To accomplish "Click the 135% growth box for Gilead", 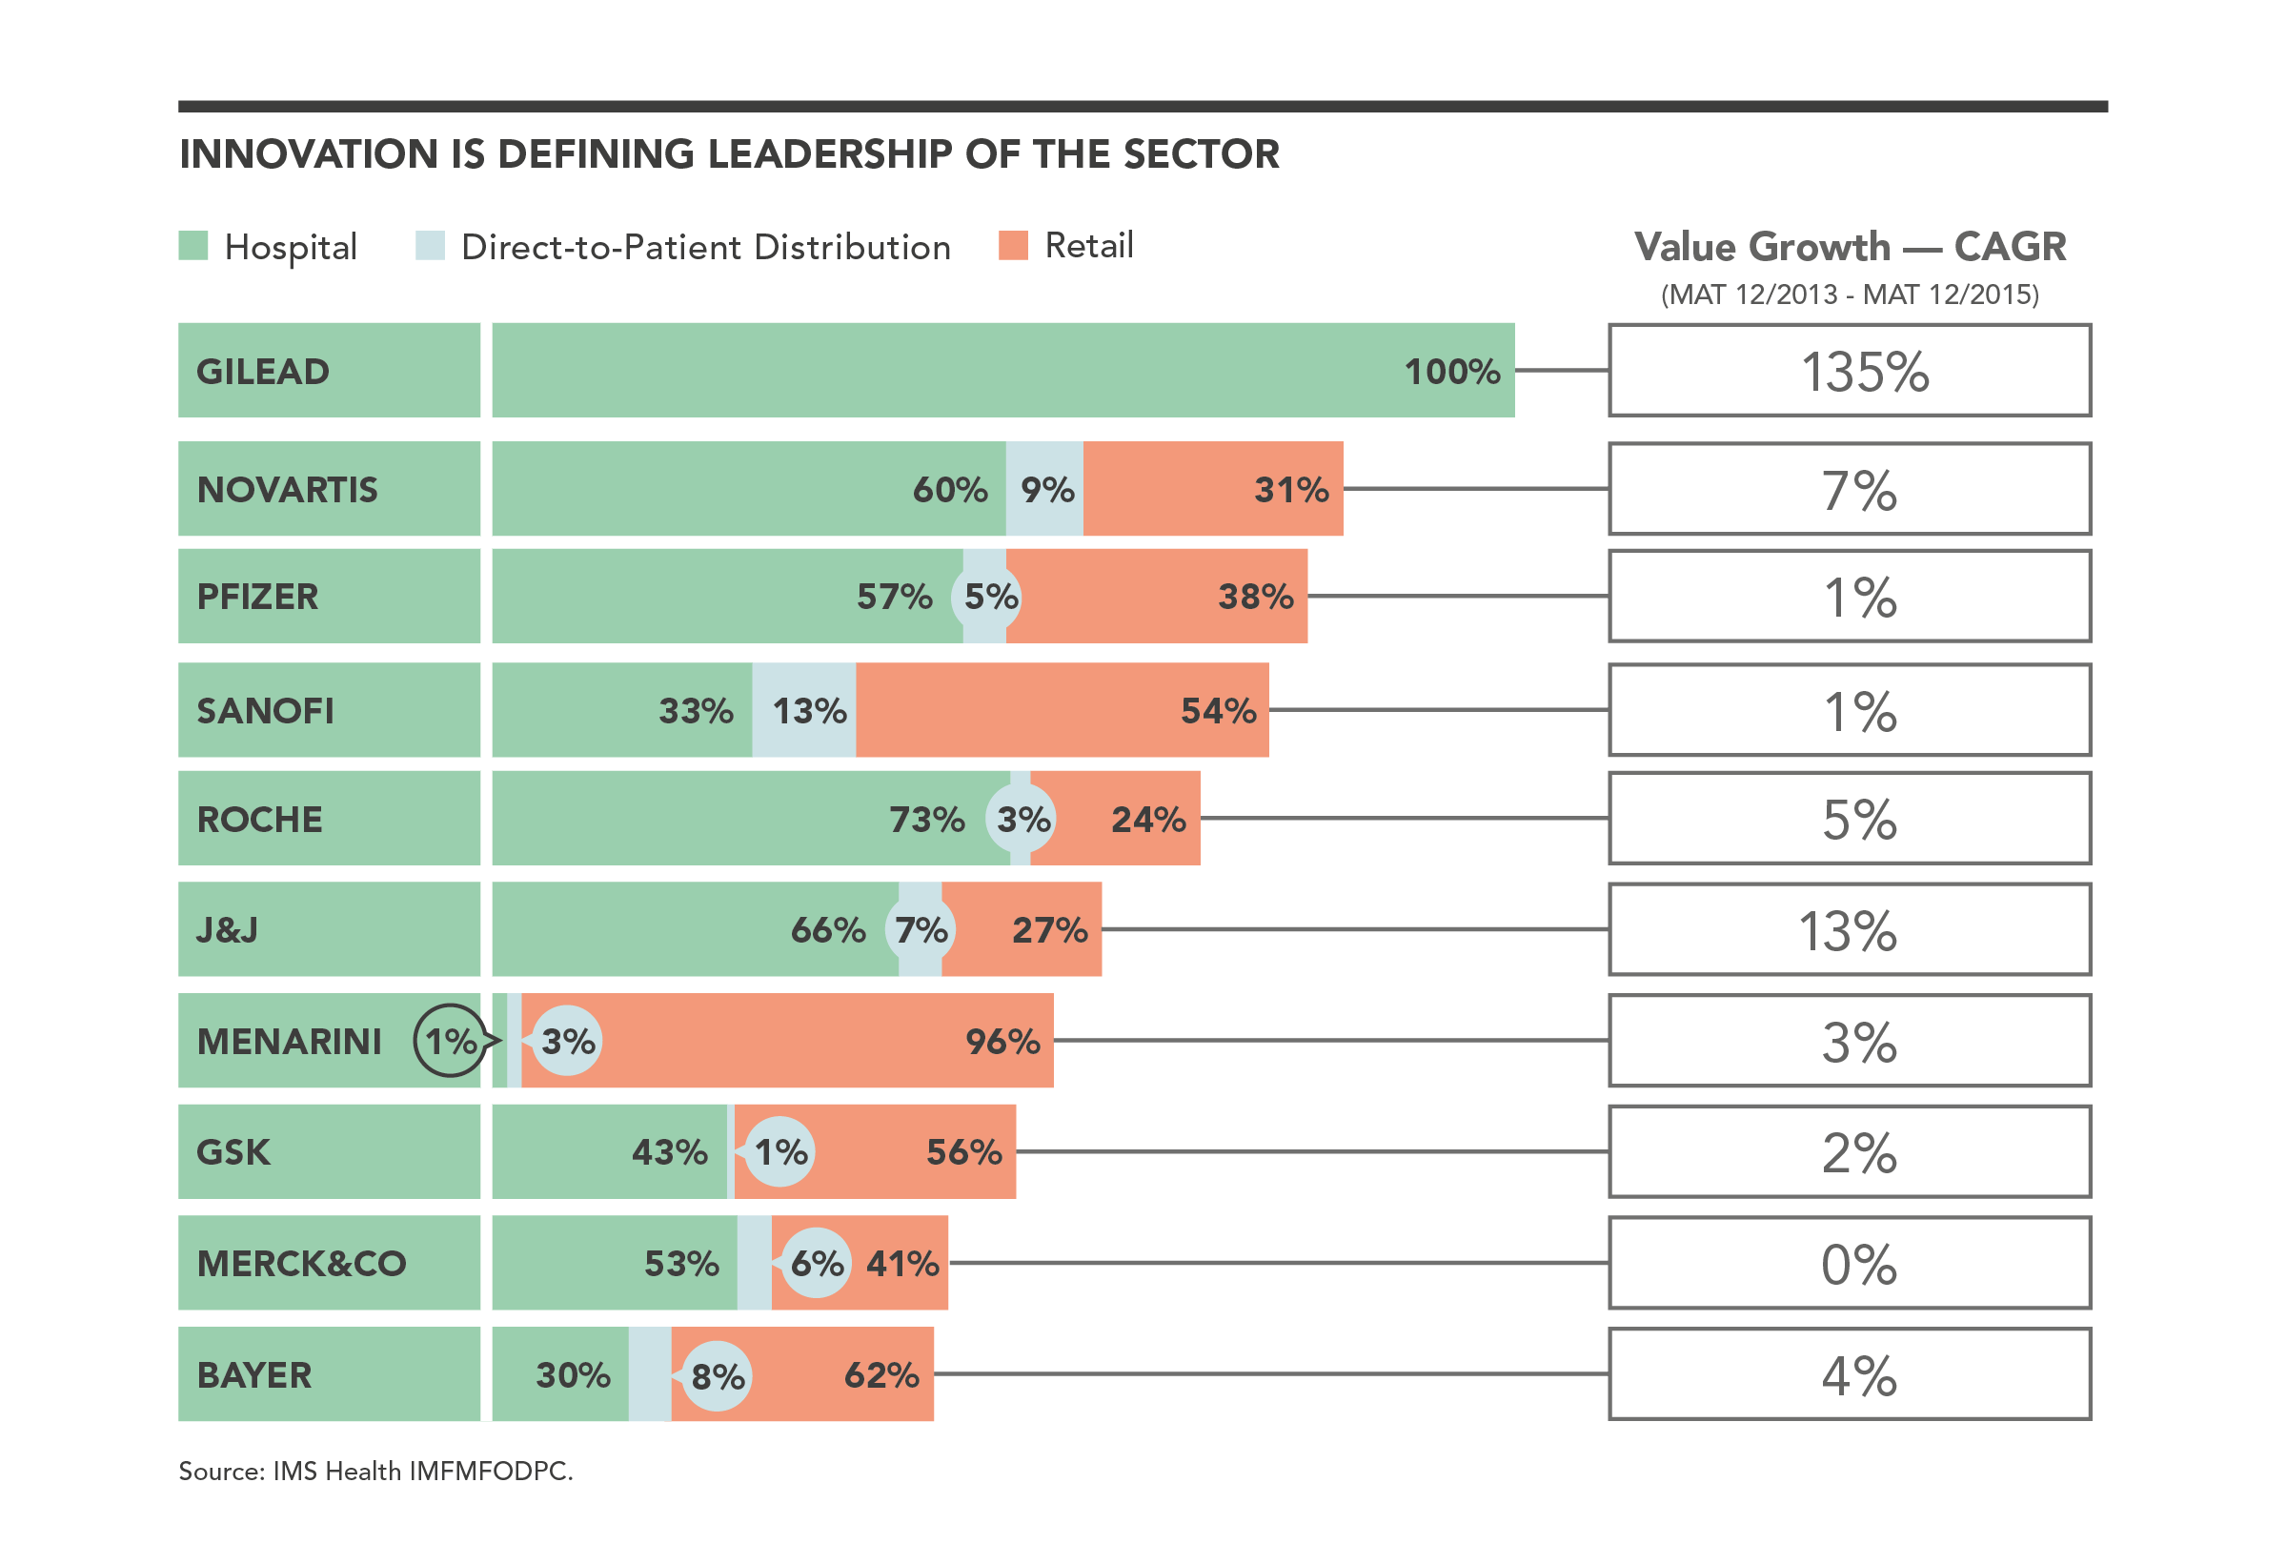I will pos(1848,371).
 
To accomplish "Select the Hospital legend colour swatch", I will pos(192,245).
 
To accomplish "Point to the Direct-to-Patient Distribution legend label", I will pos(704,247).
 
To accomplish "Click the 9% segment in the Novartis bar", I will pos(1045,489).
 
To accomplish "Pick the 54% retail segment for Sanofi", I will pos(1063,709).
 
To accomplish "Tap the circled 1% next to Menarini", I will pos(450,1040).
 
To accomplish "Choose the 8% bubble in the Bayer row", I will pos(717,1374).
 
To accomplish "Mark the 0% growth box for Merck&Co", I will pos(1848,1263).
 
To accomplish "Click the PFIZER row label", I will pos(258,597).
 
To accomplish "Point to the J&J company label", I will pos(228,929).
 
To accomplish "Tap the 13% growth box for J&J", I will pos(1848,929).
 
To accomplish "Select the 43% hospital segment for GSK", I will pos(610,1151).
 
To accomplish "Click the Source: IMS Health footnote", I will pos(374,1471).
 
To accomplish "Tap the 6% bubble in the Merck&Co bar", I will pos(816,1263).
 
